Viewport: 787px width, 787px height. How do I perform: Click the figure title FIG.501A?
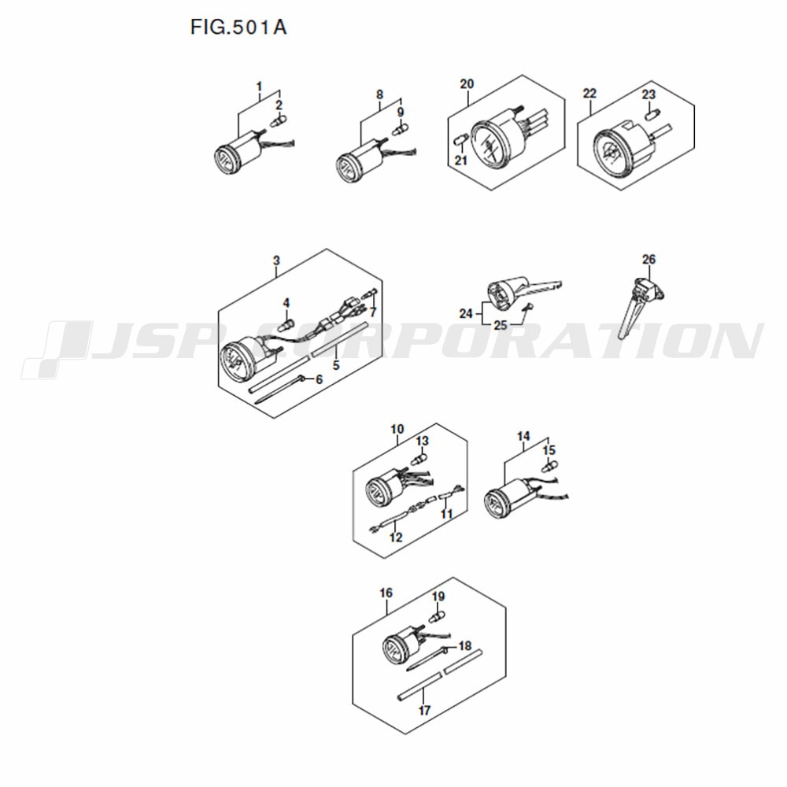tap(238, 27)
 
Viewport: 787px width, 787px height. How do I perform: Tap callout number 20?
tap(467, 84)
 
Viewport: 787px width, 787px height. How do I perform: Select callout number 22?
tap(589, 94)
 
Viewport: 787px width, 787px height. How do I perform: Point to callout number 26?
tap(649, 259)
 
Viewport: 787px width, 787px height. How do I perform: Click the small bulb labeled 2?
tap(278, 121)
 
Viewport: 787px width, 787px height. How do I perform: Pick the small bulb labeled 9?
tap(400, 128)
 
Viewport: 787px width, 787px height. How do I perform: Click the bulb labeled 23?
tap(650, 114)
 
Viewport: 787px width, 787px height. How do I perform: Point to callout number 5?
tap(336, 365)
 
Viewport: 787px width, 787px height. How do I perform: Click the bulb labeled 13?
tap(418, 458)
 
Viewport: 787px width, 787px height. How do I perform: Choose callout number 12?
tap(396, 538)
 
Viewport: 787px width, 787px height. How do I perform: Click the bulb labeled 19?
tap(436, 616)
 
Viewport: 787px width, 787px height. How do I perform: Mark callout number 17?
tap(425, 710)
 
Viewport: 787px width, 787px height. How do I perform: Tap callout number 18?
tap(465, 645)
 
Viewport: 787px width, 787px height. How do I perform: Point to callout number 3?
tap(276, 260)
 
